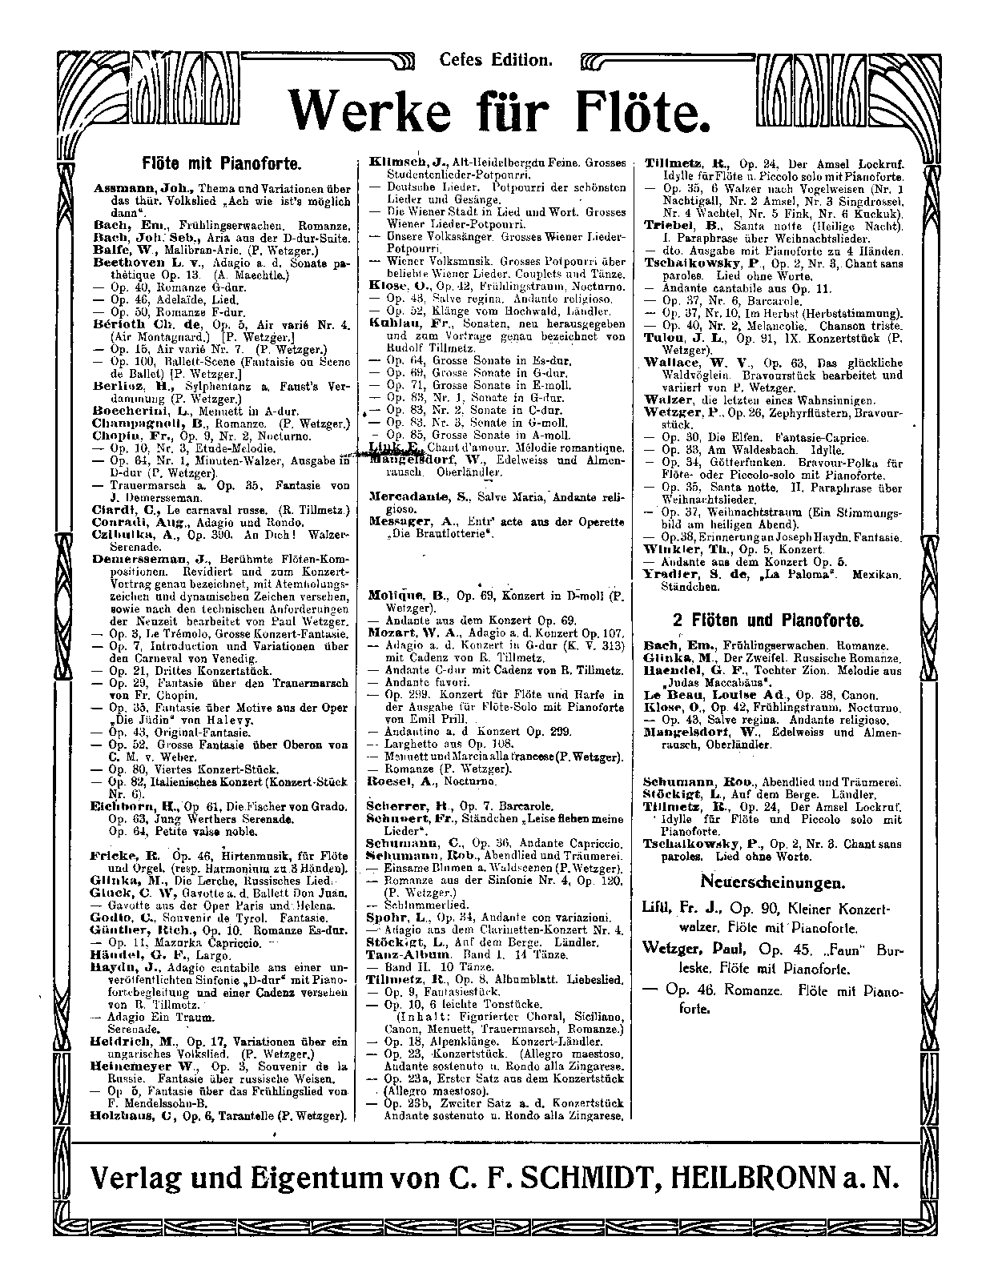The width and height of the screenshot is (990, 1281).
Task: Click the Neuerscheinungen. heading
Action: [772, 883]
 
